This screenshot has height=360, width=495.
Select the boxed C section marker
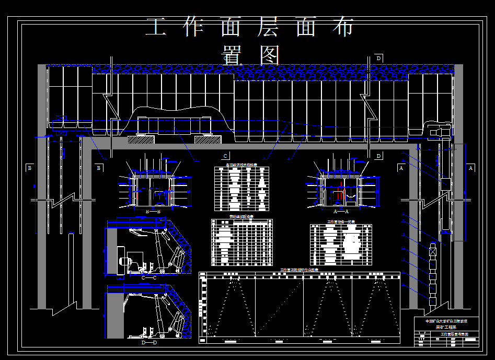point(226,156)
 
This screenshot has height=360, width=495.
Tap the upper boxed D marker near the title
point(378,59)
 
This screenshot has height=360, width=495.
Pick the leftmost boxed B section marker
point(29,168)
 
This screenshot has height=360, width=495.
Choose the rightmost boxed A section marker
point(470,168)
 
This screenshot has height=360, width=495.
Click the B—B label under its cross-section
point(153,212)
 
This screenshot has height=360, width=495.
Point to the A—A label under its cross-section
point(341,212)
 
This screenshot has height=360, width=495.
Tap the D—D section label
point(149,343)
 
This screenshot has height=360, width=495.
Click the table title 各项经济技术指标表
point(241,165)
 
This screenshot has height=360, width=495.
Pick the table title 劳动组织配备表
point(241,216)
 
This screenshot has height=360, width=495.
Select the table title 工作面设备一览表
point(341,222)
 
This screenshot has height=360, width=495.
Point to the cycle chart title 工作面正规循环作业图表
point(300,270)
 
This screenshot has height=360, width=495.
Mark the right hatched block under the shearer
point(208,140)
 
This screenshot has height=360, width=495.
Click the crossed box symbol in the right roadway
point(432,251)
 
